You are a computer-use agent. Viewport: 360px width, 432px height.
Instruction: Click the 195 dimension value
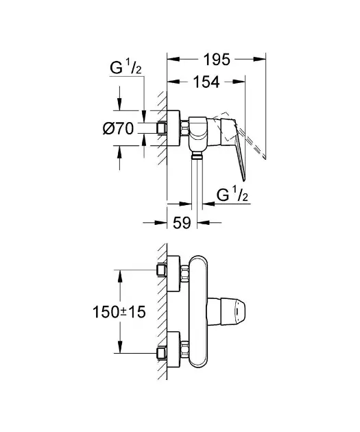pos(217,59)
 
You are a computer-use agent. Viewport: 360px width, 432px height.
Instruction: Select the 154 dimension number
pos(206,82)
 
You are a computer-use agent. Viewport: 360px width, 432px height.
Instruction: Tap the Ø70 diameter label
pos(119,128)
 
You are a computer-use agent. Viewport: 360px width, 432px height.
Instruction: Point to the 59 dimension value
pos(182,223)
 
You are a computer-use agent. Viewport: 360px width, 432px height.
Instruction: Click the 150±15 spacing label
pos(119,312)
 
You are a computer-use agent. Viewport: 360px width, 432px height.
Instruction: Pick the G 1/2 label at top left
pos(125,68)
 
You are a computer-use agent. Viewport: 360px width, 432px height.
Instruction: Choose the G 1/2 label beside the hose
pos(232,195)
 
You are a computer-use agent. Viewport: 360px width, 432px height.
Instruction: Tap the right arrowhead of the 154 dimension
pos(239,82)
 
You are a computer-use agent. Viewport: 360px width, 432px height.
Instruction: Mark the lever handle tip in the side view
pos(244,180)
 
